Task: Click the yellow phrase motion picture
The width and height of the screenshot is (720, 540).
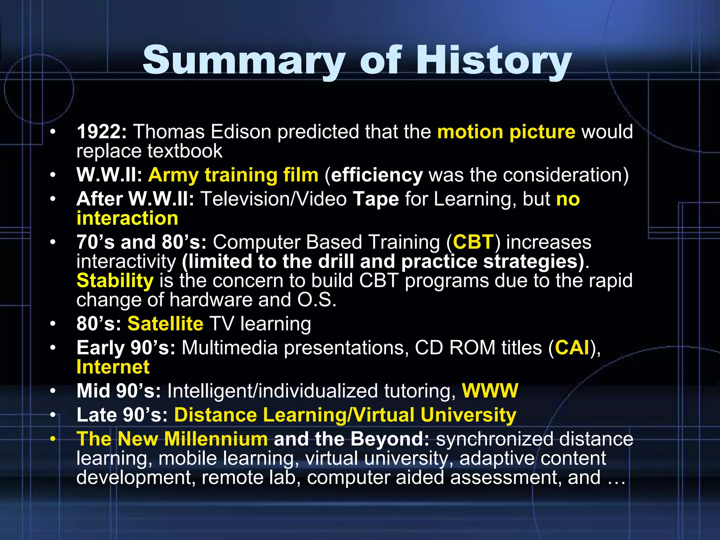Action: pos(506,132)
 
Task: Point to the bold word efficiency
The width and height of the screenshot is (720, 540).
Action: pos(377,175)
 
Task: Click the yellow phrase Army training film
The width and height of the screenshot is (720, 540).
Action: pos(233,175)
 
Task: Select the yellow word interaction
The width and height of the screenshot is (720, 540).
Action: pos(127,218)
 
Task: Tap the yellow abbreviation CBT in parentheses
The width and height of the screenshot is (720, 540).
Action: pos(474,242)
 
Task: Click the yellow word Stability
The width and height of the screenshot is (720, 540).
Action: pos(115,281)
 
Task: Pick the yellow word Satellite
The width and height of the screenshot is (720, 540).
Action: pos(165,323)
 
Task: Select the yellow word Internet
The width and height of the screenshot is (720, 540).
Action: pos(113,367)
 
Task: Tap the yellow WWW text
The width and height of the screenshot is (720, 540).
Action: pos(490,391)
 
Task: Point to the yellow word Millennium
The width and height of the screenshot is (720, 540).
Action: pos(216,439)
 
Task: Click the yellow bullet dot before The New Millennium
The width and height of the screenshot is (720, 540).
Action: pos(53,439)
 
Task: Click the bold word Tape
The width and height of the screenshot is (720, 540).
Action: pos(375,199)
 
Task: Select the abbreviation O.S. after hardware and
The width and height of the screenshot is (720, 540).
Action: pos(317,300)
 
